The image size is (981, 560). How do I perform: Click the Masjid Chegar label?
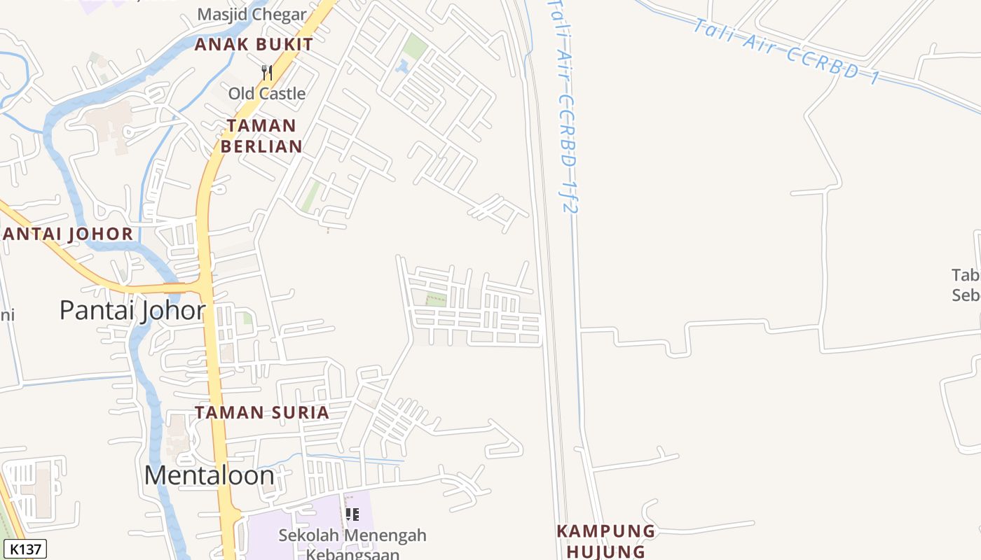[252, 14]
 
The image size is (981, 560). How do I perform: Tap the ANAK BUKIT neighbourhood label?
[254, 44]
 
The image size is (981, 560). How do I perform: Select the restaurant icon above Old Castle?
[266, 72]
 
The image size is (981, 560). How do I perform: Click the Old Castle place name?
[267, 93]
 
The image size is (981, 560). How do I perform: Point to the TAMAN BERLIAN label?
[261, 136]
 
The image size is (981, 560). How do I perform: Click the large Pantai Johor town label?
[132, 309]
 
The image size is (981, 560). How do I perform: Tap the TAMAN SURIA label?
[262, 412]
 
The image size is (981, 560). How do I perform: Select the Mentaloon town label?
[209, 475]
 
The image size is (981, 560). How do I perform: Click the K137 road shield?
[25, 549]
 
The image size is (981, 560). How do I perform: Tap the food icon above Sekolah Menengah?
[352, 514]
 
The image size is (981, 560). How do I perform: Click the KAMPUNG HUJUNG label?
[605, 541]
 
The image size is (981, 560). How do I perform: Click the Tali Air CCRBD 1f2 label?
[565, 105]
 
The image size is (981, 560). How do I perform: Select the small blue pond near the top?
[402, 67]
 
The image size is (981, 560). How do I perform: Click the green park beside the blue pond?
[416, 47]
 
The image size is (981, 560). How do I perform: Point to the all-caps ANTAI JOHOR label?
[68, 234]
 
